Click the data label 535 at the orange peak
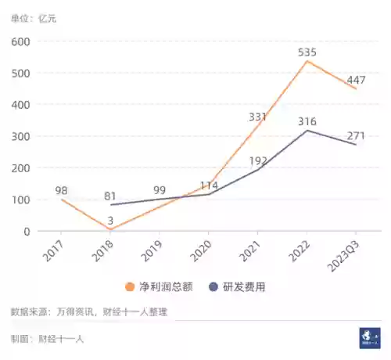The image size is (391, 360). point(308,52)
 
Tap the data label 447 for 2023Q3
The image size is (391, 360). point(357,80)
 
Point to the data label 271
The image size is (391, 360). point(357,135)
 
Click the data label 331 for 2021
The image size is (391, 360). point(258,117)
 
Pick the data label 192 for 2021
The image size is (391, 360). point(258,161)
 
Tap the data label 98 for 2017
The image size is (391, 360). point(62,190)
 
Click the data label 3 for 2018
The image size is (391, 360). point(110,221)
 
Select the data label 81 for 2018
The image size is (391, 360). point(110,196)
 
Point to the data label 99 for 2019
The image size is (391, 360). point(160,190)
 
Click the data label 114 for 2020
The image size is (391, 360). point(209,185)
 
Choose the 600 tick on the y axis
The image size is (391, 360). point(22,41)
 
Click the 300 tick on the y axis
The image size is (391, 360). point(22,136)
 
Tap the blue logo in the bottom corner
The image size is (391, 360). point(369,337)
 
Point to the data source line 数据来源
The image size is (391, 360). point(88,311)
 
